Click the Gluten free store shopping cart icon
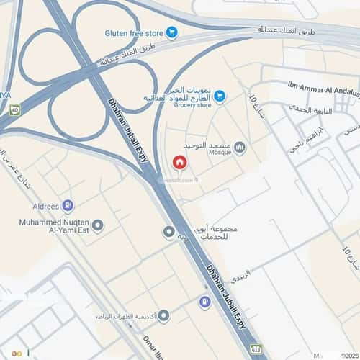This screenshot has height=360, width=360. click(x=171, y=32)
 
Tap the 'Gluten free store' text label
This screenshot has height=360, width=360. click(x=133, y=32)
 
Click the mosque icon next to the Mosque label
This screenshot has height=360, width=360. click(x=240, y=148)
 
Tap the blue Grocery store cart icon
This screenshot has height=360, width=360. click(x=220, y=96)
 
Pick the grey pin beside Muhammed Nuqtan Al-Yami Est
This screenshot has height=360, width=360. click(x=98, y=225)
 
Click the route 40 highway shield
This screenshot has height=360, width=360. click(x=14, y=110)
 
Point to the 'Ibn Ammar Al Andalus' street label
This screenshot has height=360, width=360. click(x=323, y=85)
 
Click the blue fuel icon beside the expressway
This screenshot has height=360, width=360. click(x=207, y=301)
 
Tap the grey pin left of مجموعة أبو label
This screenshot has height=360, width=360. click(x=169, y=233)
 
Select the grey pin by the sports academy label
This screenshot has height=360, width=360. click(x=163, y=316)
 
